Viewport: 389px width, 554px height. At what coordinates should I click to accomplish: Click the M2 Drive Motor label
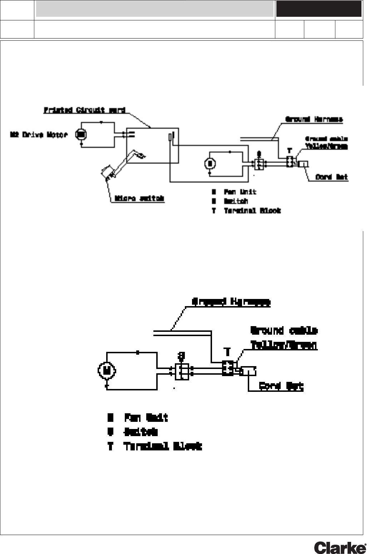[x=39, y=135]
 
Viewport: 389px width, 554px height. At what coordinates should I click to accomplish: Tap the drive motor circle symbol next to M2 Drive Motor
[x=81, y=135]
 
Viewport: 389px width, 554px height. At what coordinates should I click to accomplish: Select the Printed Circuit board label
[x=84, y=110]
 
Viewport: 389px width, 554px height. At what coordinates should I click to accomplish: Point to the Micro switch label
[x=139, y=199]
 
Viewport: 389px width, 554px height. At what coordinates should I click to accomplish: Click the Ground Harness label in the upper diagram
[x=314, y=119]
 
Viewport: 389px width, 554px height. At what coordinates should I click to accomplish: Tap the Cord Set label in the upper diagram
[x=332, y=177]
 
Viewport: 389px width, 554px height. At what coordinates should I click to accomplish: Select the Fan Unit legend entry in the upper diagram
[x=240, y=192]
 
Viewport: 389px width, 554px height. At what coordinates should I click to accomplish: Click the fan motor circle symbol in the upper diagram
[x=210, y=163]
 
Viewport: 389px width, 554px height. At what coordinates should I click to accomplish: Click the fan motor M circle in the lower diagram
[x=106, y=371]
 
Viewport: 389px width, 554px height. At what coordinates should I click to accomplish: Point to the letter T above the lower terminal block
[x=227, y=352]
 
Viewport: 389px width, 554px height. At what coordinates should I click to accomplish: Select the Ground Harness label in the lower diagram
[x=231, y=302]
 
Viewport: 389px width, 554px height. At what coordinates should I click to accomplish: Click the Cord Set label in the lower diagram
[x=281, y=386]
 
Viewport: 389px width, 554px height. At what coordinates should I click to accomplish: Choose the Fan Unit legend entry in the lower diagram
[x=146, y=418]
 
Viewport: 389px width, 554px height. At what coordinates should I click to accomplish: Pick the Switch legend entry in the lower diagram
[x=141, y=432]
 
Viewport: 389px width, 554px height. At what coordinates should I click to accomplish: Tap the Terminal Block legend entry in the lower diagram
[x=163, y=446]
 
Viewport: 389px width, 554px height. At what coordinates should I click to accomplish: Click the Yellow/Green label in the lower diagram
[x=284, y=345]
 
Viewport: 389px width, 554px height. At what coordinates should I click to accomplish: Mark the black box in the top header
[x=319, y=9]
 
